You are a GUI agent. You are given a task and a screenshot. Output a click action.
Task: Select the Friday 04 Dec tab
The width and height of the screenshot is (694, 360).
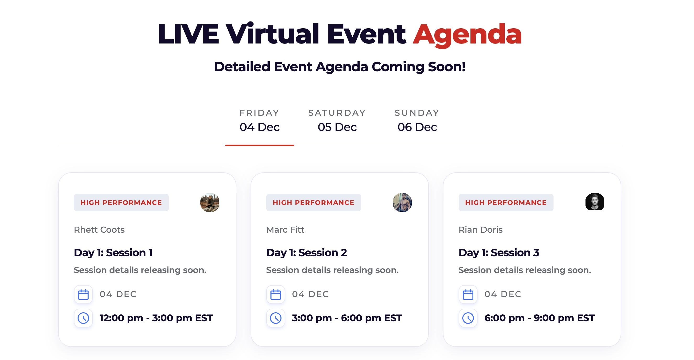point(259,120)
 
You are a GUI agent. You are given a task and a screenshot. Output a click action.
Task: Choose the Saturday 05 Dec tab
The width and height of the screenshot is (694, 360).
point(337,120)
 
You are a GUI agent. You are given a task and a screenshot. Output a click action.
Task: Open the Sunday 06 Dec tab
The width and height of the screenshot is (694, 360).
point(417,120)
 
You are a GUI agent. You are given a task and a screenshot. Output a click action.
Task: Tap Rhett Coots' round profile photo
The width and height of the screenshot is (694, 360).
point(210,202)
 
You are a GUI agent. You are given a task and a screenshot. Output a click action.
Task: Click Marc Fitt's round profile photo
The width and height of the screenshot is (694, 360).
point(402,202)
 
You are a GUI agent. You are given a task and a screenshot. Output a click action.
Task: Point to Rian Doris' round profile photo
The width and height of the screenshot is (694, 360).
point(595,202)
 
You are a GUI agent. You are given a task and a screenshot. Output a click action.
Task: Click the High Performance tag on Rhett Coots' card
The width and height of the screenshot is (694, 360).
point(121,203)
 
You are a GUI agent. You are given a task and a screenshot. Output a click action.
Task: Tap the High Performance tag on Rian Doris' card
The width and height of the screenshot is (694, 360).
point(506,203)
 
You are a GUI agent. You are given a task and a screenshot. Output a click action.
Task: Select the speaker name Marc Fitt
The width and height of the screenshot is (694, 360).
point(285,230)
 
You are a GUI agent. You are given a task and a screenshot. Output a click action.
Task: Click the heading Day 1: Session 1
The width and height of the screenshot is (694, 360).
point(113,253)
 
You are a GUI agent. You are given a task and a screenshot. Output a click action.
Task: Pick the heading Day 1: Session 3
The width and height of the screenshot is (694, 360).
point(499,253)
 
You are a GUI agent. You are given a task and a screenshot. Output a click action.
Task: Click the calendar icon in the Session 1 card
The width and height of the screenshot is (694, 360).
point(83,294)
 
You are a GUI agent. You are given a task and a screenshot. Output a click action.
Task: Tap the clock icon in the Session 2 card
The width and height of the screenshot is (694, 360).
point(276,318)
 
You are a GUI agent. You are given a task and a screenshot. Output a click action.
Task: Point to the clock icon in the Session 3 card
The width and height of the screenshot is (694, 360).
point(468,318)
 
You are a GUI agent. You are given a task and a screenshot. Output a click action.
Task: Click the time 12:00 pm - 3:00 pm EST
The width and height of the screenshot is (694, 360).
point(156,318)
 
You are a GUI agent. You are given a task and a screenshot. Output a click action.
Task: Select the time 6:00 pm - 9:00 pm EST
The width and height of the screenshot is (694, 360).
point(539,318)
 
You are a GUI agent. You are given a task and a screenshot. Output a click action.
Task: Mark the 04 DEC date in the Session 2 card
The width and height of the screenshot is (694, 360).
point(310,294)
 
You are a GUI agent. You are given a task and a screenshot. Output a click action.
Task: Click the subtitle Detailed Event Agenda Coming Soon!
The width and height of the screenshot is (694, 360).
point(339,67)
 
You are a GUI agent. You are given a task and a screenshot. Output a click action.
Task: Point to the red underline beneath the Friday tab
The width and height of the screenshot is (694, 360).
point(259,145)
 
